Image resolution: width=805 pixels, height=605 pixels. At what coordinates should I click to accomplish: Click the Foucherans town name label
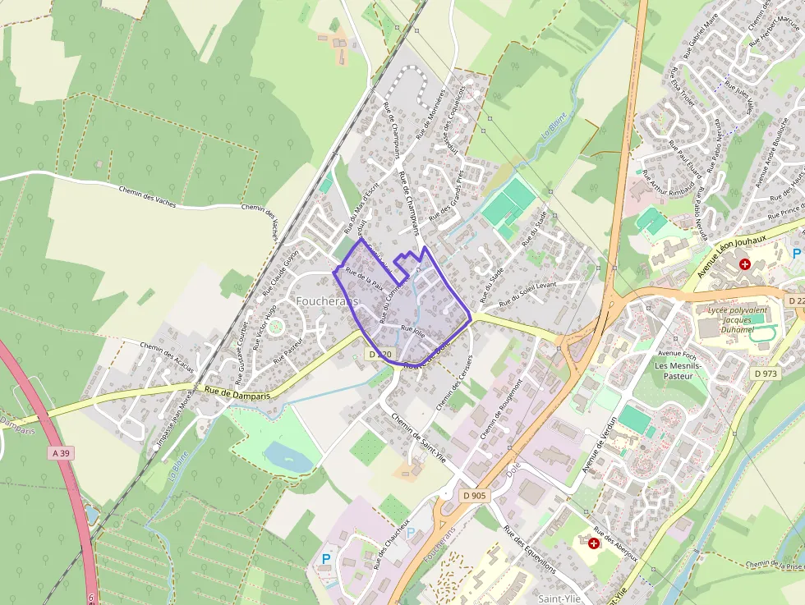coord(327,301)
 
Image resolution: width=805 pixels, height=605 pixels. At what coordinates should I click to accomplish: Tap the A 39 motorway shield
coord(59,452)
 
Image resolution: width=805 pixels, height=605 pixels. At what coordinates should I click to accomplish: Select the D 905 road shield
coord(474,495)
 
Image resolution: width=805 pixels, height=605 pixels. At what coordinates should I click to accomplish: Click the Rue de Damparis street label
coord(237,393)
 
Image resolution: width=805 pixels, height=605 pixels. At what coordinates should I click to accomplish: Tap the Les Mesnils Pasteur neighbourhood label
coord(674,370)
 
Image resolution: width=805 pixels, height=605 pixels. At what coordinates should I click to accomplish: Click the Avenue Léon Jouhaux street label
coord(731,242)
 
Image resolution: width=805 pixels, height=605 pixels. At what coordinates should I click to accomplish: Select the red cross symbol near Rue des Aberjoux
coord(594,543)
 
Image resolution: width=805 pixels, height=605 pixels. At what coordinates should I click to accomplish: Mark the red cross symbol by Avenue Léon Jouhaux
coord(745,264)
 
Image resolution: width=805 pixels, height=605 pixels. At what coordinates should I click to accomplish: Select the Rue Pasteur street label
coord(288,348)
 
